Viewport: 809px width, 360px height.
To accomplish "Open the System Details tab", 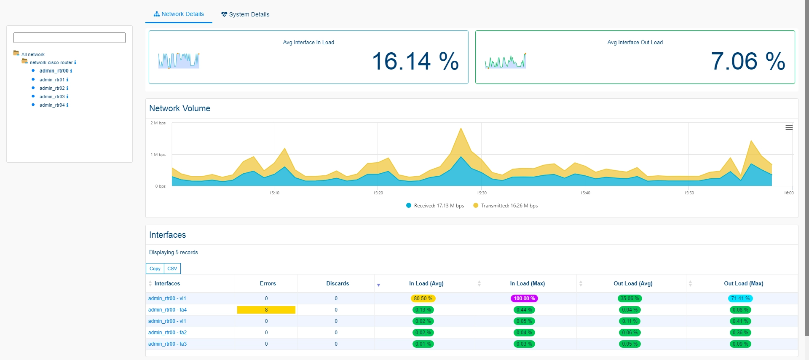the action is pyautogui.click(x=245, y=14).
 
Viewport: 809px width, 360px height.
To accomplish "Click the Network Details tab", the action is pyautogui.click(x=179, y=14).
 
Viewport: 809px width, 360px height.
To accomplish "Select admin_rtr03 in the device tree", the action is pyautogui.click(x=52, y=97).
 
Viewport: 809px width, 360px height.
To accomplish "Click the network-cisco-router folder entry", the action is pyautogui.click(x=51, y=62).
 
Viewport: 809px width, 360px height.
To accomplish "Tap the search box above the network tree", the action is pyautogui.click(x=70, y=38).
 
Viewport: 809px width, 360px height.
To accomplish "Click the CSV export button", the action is pyautogui.click(x=172, y=269).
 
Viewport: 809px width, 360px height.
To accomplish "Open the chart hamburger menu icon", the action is pyautogui.click(x=789, y=128).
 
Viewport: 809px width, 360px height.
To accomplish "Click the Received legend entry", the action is pyautogui.click(x=435, y=206).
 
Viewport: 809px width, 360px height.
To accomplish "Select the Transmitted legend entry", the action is pyautogui.click(x=505, y=206).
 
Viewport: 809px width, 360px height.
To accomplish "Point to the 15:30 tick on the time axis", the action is pyautogui.click(x=482, y=193).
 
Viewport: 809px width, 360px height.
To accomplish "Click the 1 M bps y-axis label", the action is pyautogui.click(x=158, y=155).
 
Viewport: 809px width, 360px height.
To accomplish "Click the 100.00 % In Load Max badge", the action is pyautogui.click(x=524, y=298).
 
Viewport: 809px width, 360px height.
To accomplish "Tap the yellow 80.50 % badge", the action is pyautogui.click(x=423, y=298).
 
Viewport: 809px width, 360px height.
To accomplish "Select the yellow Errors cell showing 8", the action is pyautogui.click(x=266, y=310).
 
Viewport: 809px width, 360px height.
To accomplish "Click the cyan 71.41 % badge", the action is pyautogui.click(x=740, y=298).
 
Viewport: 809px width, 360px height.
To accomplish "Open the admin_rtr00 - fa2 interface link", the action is pyautogui.click(x=167, y=333).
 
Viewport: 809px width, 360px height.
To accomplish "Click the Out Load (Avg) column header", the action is pyautogui.click(x=633, y=284).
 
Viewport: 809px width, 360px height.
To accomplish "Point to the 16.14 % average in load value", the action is pyautogui.click(x=415, y=61).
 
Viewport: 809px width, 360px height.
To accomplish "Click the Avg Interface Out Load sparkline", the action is pyautogui.click(x=505, y=61).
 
